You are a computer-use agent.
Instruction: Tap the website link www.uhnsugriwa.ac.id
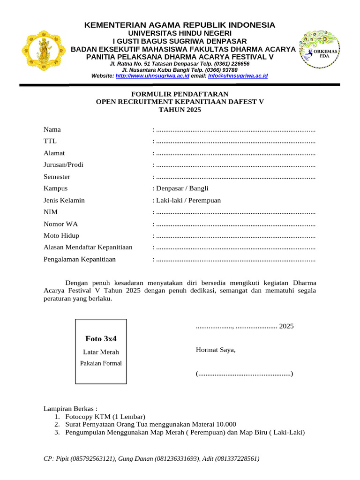(x=152, y=75)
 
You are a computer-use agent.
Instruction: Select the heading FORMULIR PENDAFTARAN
(x=180, y=94)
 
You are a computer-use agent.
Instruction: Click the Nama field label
(x=52, y=129)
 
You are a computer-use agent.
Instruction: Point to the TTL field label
(x=50, y=141)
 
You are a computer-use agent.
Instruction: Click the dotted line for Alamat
(x=235, y=153)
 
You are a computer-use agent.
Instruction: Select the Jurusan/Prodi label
(x=63, y=165)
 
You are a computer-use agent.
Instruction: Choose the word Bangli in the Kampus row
(x=199, y=188)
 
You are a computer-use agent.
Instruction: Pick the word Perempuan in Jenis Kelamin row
(x=204, y=200)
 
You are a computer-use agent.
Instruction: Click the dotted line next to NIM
(x=235, y=212)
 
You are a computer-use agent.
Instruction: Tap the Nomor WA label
(x=60, y=224)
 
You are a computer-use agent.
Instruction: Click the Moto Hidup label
(x=61, y=235)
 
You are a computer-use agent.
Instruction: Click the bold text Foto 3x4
(x=101, y=338)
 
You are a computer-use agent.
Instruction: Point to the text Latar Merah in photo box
(x=101, y=352)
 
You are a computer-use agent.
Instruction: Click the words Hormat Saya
(x=216, y=350)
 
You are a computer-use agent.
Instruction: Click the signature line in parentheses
(x=244, y=374)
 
